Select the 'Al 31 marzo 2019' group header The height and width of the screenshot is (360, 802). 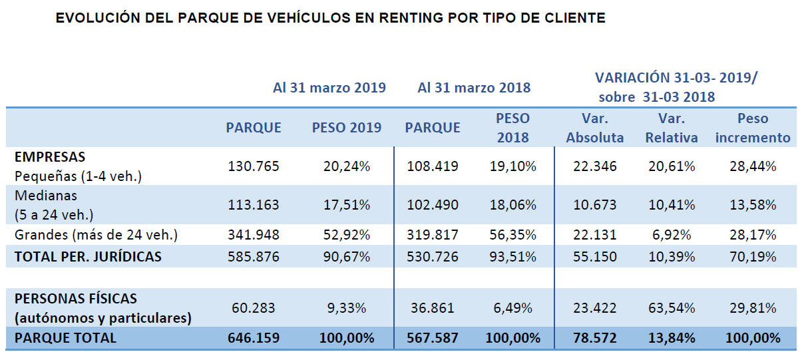(329, 88)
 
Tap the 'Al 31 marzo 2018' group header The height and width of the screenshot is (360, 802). (474, 88)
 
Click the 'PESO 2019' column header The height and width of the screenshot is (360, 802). (347, 128)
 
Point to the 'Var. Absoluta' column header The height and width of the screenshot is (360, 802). (595, 128)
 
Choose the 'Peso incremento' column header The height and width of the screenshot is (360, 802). (753, 128)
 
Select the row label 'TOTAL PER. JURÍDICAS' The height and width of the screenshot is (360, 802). (88, 256)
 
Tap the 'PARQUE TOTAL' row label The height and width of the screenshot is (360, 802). (65, 337)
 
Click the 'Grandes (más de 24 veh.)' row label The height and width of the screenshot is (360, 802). (96, 235)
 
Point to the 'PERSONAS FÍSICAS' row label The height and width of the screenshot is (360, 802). (76, 299)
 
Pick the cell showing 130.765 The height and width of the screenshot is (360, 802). (253, 166)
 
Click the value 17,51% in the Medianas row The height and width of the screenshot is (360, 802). (346, 204)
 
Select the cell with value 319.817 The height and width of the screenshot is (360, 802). (432, 235)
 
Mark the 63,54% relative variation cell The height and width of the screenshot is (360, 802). (672, 308)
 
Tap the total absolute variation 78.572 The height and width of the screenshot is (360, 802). (595, 337)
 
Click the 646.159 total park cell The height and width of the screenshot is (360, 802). (253, 337)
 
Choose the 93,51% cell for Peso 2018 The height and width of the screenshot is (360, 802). (512, 256)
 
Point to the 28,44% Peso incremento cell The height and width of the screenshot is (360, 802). (753, 166)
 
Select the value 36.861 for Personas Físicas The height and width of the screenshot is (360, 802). (432, 308)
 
